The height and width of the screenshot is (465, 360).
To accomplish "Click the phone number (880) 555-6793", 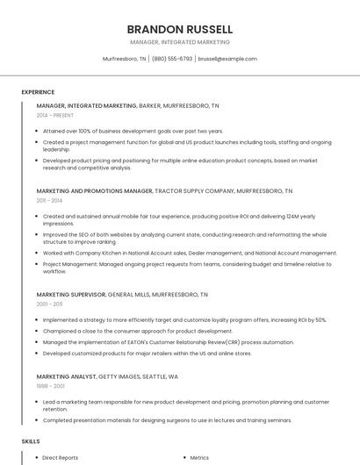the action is click(x=172, y=59).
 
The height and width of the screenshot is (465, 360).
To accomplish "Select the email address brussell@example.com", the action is click(x=227, y=59).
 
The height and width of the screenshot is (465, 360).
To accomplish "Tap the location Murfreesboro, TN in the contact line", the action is click(x=125, y=59).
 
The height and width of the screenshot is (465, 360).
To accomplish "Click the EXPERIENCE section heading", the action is click(x=38, y=92).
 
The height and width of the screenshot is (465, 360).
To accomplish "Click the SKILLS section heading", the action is click(x=31, y=441).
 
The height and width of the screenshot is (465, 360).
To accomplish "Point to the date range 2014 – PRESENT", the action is click(x=56, y=115).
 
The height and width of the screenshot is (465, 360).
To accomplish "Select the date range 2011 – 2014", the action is click(x=49, y=200).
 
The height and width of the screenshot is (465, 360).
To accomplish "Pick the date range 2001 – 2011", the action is click(x=49, y=304).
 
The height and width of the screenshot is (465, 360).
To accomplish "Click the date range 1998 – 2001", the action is click(x=49, y=386).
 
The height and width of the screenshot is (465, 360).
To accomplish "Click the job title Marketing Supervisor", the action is click(x=70, y=294).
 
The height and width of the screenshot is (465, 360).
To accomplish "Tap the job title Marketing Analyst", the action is click(x=66, y=376).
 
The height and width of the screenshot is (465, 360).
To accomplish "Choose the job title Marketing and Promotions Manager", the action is click(x=94, y=190).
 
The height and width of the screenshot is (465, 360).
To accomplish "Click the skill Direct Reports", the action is click(x=61, y=457).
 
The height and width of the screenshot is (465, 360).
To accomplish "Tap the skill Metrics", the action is click(x=199, y=457).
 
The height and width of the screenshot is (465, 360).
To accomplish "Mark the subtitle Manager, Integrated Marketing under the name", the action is click(x=179, y=41).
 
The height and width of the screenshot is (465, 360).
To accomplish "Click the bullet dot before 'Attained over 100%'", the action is click(x=38, y=131).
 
